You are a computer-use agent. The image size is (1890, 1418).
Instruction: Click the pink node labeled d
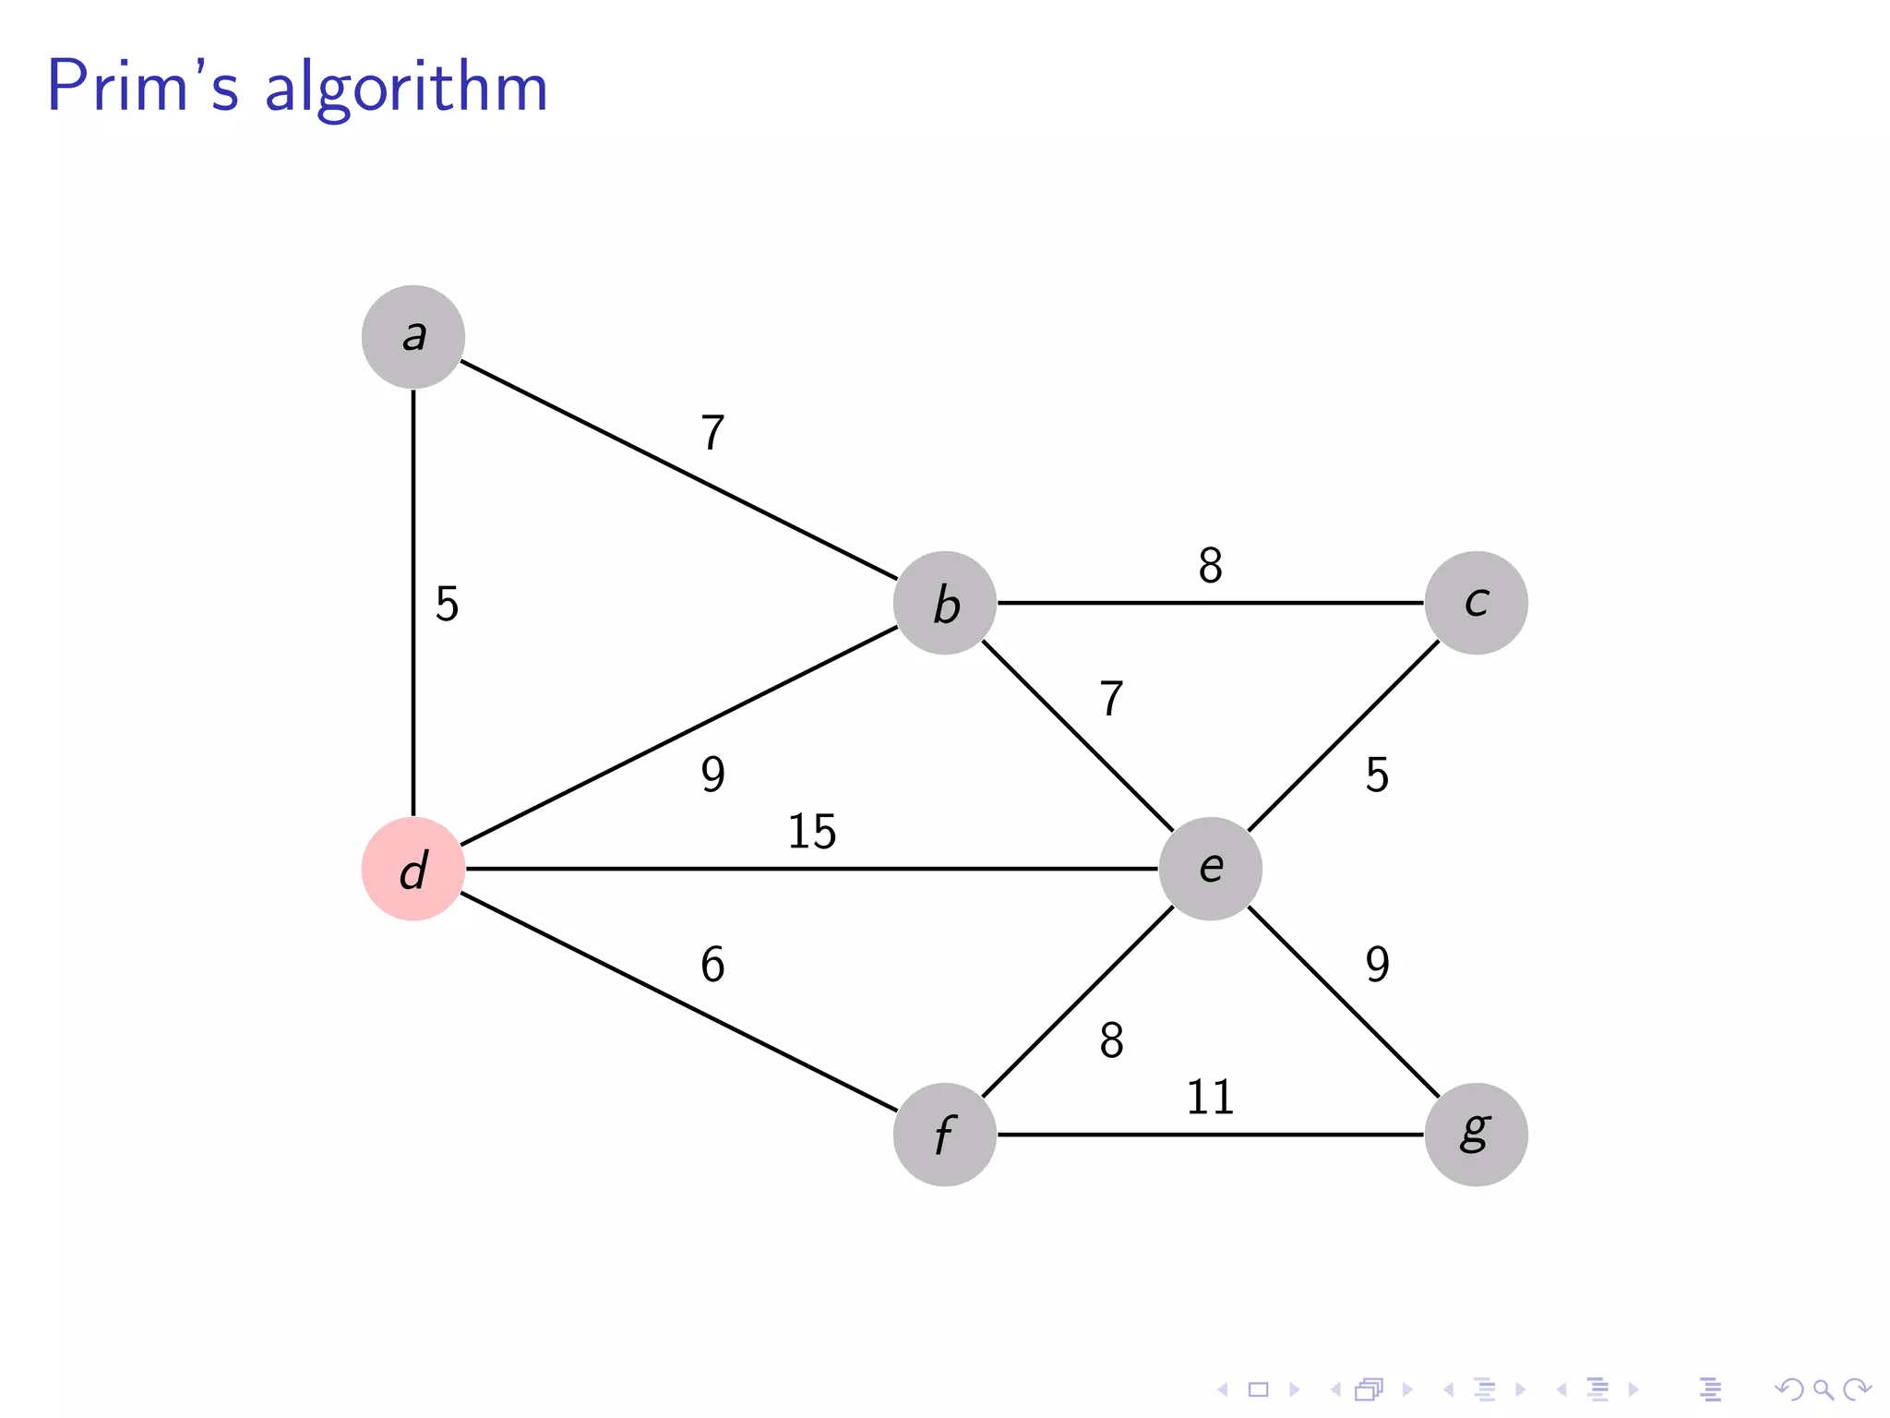pos(413,869)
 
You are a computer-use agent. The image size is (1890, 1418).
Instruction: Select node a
pos(413,337)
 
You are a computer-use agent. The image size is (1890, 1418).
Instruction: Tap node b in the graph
pos(945,603)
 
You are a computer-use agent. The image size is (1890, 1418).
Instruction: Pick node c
pos(1476,603)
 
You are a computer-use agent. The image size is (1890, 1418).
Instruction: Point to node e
pos(1210,869)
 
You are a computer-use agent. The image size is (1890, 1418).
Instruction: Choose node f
pos(945,1135)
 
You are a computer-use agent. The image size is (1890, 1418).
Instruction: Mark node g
pos(1476,1135)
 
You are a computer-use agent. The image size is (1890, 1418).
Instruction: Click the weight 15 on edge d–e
pos(812,832)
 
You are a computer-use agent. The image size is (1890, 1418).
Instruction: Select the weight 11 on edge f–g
pos(1210,1098)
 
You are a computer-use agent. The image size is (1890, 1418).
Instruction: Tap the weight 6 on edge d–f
pos(712,965)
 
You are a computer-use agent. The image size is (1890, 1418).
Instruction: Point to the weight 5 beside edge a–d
pos(447,605)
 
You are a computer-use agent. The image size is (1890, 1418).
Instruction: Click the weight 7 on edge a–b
pos(712,433)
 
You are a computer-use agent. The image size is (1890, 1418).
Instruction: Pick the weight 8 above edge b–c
pos(1210,566)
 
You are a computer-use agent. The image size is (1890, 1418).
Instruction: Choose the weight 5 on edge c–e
pos(1377,775)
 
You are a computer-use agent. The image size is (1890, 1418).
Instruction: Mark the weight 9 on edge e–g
pos(1377,965)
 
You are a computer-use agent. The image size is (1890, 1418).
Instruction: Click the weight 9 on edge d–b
pos(712,774)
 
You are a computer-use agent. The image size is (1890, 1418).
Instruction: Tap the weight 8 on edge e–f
pos(1111,1041)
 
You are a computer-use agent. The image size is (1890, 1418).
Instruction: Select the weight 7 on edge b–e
pos(1111,699)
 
